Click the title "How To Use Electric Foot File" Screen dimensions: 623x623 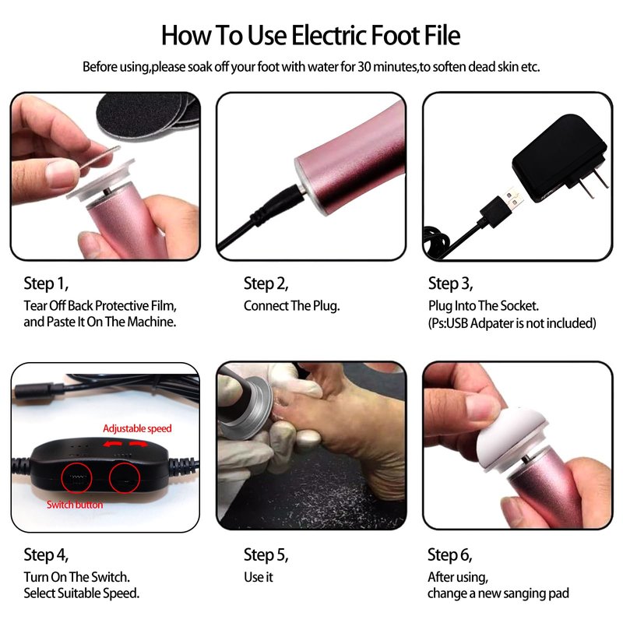[x=311, y=36]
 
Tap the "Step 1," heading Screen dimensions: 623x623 [x=46, y=283]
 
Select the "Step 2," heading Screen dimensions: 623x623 [x=266, y=283]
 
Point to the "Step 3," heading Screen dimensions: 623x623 [x=451, y=283]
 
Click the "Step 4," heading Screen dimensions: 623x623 [x=46, y=555]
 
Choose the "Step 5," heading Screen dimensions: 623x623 [x=266, y=555]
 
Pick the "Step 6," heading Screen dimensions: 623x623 [x=450, y=555]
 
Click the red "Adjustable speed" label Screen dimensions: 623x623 [x=138, y=429]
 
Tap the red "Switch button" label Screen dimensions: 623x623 [x=75, y=505]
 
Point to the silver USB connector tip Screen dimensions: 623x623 [x=513, y=199]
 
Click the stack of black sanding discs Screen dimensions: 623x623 [x=148, y=116]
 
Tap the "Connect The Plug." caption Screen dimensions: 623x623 [x=291, y=306]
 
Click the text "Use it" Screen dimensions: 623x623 [x=259, y=577]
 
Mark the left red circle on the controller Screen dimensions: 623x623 [x=76, y=477]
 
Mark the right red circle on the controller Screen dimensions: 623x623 [x=125, y=477]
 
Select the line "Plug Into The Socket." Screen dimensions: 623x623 [x=484, y=306]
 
